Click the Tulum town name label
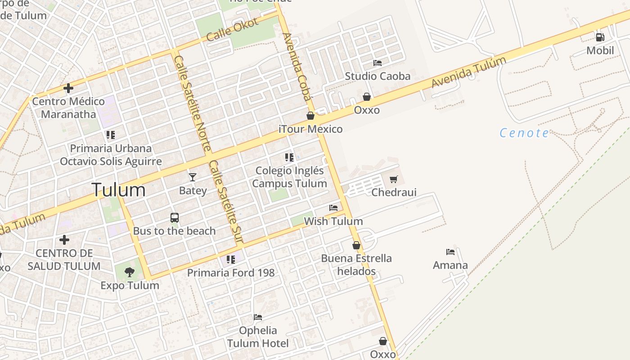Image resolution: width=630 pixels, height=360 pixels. (x=118, y=190)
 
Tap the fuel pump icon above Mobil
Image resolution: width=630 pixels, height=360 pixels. (x=600, y=37)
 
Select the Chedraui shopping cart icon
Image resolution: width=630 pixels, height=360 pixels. (x=394, y=180)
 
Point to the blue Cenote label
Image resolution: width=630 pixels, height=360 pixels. (x=524, y=133)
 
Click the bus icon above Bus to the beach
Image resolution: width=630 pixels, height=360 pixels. (x=175, y=218)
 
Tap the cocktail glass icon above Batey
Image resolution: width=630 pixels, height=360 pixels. (x=193, y=177)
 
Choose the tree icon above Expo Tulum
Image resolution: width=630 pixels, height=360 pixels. (x=130, y=272)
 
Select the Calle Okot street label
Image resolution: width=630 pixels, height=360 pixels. (x=232, y=30)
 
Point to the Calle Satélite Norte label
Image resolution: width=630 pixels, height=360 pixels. (x=193, y=103)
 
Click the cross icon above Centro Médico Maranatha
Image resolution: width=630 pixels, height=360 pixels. (x=68, y=88)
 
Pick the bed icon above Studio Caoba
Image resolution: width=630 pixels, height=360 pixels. (x=378, y=63)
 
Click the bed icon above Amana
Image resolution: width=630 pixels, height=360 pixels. (x=450, y=252)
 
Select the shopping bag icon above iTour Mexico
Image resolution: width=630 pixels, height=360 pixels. (x=310, y=116)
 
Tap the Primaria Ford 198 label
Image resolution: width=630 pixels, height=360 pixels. (x=231, y=273)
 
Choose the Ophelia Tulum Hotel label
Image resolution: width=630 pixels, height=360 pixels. (x=258, y=337)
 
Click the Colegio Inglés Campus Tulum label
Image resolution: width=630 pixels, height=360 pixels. (x=289, y=177)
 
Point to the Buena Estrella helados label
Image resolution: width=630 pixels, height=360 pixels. (x=356, y=265)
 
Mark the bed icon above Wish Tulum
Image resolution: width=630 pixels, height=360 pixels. (x=333, y=208)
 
